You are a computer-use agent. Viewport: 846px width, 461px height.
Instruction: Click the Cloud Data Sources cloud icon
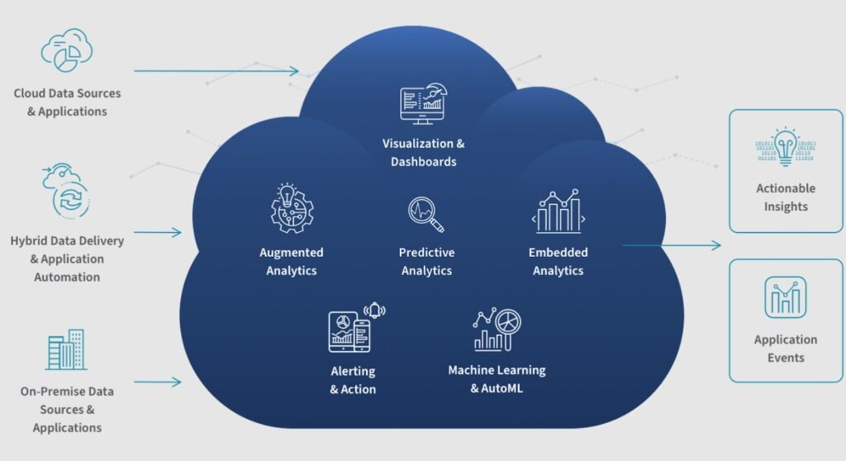coord(67,50)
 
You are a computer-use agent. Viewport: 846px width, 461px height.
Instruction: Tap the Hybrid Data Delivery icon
coord(66,191)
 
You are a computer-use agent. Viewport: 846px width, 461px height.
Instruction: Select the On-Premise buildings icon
coord(66,349)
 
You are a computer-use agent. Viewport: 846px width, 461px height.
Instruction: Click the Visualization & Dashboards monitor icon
coord(424,103)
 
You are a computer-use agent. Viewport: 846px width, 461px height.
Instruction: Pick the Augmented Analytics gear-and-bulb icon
coord(292,208)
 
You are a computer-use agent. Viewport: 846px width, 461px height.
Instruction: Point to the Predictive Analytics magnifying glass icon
coord(426,214)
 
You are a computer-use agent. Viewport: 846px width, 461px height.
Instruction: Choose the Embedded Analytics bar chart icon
coord(558,211)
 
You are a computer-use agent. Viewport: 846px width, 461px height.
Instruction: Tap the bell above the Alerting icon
coord(374,310)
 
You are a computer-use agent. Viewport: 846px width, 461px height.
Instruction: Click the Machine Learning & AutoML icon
coord(497,330)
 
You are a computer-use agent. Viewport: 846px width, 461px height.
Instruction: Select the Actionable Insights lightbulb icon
coord(786,146)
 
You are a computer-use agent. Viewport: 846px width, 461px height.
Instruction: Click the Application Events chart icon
coord(786,297)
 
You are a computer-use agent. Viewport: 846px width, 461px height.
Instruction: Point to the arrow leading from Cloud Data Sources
coord(216,71)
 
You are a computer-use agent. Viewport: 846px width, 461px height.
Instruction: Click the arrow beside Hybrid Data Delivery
coord(158,233)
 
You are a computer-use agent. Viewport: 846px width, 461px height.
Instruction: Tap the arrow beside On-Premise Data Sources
coord(158,383)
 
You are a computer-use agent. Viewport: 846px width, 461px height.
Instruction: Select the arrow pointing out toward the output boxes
coord(672,245)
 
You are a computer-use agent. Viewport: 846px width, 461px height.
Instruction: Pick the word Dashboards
coord(424,161)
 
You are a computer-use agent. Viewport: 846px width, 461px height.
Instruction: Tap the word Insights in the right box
coord(786,207)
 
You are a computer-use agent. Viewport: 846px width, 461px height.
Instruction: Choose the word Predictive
coord(427,252)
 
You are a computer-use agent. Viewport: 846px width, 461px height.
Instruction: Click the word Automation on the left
coord(67,277)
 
